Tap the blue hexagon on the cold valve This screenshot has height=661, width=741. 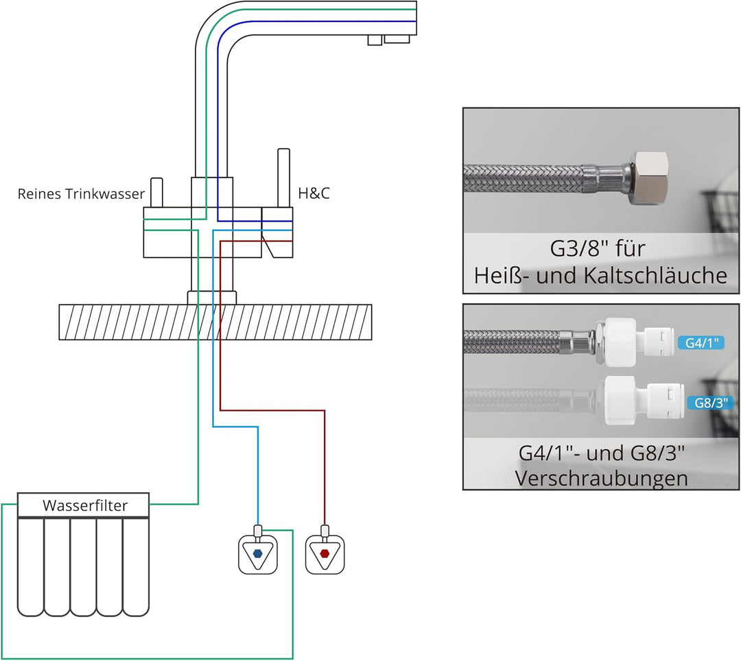pos(257,553)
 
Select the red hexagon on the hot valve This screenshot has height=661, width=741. pos(325,553)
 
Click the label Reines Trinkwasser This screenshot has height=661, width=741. pos(81,194)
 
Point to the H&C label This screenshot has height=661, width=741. pos(314,194)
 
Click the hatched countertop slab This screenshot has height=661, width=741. pos(215,322)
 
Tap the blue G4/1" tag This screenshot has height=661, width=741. pos(700,342)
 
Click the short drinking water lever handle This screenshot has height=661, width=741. pos(156,193)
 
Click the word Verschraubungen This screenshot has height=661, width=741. pos(601,478)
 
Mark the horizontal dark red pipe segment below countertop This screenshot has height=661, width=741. pos(272,411)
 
